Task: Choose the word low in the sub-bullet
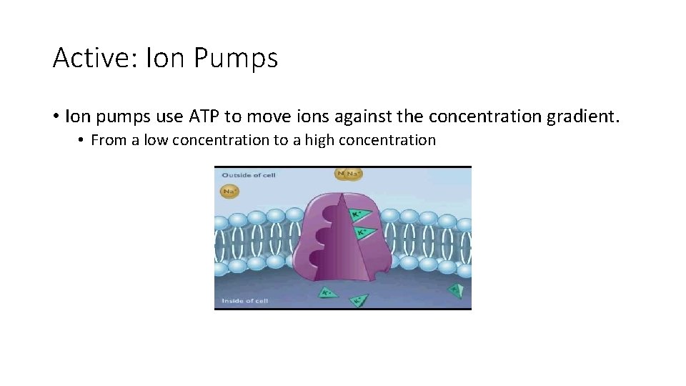click(155, 140)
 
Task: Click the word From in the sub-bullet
click(108, 140)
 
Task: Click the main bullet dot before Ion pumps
click(56, 116)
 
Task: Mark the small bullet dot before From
click(82, 140)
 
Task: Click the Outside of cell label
click(248, 175)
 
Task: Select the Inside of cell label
click(244, 301)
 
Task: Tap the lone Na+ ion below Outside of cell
click(229, 192)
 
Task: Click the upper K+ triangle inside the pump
click(357, 214)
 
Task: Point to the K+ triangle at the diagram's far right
click(455, 289)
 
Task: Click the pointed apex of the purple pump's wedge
click(342, 194)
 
